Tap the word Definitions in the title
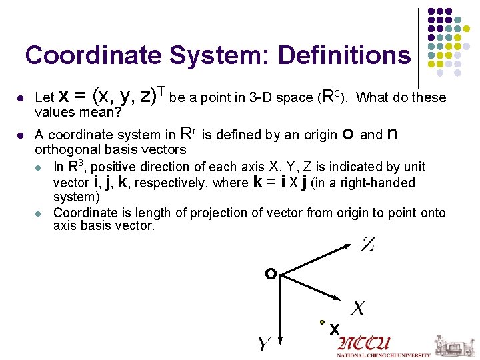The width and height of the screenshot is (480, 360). tap(345, 55)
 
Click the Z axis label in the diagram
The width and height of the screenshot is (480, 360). tap(368, 245)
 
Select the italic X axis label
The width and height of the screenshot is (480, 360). tap(358, 308)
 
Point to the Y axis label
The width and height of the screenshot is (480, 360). tap(264, 344)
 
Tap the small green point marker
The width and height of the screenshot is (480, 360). tap(322, 321)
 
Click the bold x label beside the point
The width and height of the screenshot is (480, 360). tap(335, 329)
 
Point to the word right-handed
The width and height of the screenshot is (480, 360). tap(383, 183)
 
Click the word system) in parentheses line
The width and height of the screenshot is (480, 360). tap(76, 197)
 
